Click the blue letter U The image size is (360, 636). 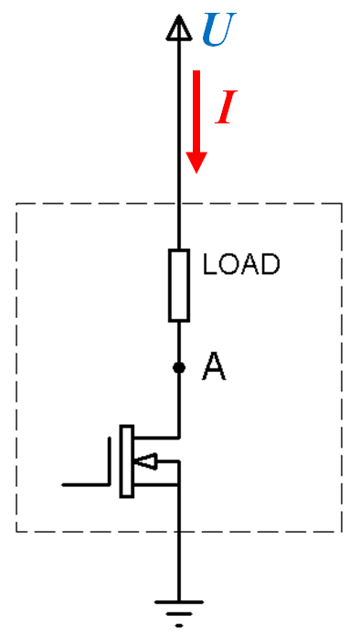click(219, 29)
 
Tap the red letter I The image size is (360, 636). click(227, 107)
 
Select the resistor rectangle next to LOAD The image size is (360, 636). click(179, 285)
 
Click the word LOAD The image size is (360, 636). click(241, 264)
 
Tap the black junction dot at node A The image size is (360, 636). click(179, 367)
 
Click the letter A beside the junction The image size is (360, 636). click(214, 367)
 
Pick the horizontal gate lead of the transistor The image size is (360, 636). click(85, 484)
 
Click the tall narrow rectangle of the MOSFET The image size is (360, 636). click(127, 461)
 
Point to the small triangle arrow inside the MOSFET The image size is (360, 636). click(145, 461)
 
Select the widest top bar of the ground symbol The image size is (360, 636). click(179, 602)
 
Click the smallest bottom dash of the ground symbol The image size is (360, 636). click(179, 626)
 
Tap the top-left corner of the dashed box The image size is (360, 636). click(16, 204)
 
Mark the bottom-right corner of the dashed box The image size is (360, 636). click(342, 531)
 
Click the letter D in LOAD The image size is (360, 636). click(270, 264)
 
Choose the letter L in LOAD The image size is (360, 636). click(209, 264)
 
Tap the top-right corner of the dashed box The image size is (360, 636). click(342, 204)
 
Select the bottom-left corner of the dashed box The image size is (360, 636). click(16, 531)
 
